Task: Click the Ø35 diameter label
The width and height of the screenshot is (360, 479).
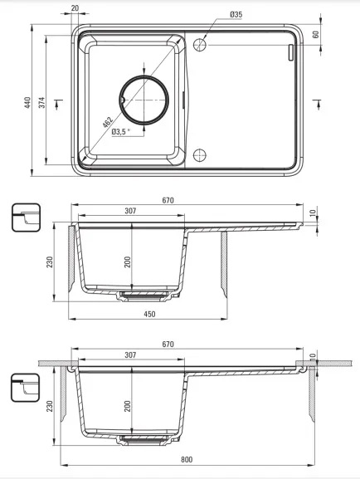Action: (x=236, y=14)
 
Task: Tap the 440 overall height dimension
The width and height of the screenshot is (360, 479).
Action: (x=27, y=103)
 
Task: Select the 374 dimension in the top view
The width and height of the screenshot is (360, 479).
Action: (x=41, y=102)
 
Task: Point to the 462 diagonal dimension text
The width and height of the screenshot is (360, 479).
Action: (x=108, y=122)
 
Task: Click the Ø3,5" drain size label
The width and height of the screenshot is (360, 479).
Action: (x=121, y=132)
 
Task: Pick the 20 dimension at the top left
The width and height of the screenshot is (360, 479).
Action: (x=75, y=8)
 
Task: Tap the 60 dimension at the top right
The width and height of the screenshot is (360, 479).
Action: (x=316, y=34)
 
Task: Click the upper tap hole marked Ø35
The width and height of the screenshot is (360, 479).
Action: (x=200, y=45)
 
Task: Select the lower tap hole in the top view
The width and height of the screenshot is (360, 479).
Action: (x=200, y=155)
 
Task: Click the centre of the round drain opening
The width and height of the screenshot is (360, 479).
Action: (x=144, y=100)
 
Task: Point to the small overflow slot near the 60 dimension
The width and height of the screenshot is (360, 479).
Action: (x=290, y=52)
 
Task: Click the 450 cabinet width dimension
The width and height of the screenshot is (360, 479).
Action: (x=149, y=314)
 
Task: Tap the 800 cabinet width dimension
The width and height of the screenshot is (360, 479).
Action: (x=187, y=459)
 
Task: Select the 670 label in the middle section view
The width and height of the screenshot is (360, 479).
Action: (x=168, y=200)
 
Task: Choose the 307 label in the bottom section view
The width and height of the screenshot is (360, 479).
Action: (x=130, y=355)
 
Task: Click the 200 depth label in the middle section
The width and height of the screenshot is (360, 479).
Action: (x=128, y=262)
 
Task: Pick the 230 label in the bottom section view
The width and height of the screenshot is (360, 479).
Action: (x=50, y=406)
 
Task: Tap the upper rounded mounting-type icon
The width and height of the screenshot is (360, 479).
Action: (x=26, y=218)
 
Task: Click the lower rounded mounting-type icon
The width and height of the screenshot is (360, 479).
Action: (x=26, y=388)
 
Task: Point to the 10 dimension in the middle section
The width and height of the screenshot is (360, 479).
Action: (x=312, y=213)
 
